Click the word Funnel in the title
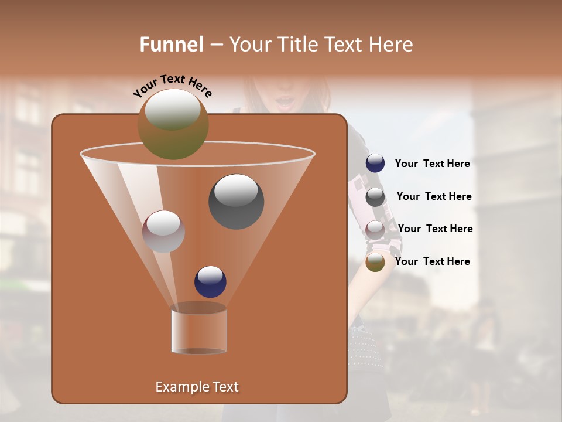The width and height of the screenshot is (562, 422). (x=171, y=45)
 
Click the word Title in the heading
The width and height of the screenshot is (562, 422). (x=297, y=45)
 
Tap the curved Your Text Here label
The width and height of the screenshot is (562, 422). (x=173, y=85)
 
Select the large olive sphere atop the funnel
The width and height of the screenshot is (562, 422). (x=173, y=124)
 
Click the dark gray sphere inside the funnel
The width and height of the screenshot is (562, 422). (x=236, y=202)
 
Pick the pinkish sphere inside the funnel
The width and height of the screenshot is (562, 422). (x=163, y=232)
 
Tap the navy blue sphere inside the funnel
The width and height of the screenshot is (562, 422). (x=210, y=281)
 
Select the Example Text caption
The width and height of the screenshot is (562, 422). (x=197, y=387)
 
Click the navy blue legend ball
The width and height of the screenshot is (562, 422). (x=375, y=164)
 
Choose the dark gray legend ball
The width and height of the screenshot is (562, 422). (x=375, y=197)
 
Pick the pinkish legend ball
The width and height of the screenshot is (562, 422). (x=375, y=229)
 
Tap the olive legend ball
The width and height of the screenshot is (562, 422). (x=375, y=262)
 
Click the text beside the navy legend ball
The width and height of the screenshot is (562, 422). (x=432, y=164)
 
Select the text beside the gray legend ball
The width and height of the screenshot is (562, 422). (x=434, y=196)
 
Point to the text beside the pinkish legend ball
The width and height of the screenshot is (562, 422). (x=435, y=229)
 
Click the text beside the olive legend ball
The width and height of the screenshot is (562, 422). (x=432, y=261)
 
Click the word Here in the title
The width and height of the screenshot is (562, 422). (x=391, y=45)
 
